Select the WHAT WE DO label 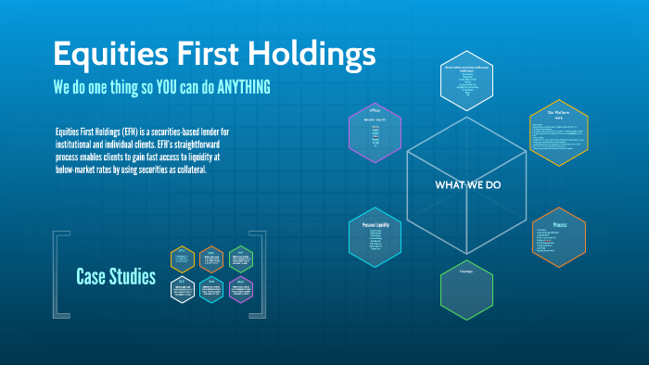click(468, 185)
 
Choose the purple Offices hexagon click(375, 129)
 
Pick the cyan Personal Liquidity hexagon click(375, 235)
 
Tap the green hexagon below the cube click(466, 288)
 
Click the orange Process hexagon click(559, 237)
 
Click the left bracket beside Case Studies click(57, 274)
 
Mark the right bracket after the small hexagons click(260, 274)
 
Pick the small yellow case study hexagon click(182, 258)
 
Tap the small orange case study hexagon click(211, 258)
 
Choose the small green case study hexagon click(241, 258)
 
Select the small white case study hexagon click(182, 290)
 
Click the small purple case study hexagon click(241, 290)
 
